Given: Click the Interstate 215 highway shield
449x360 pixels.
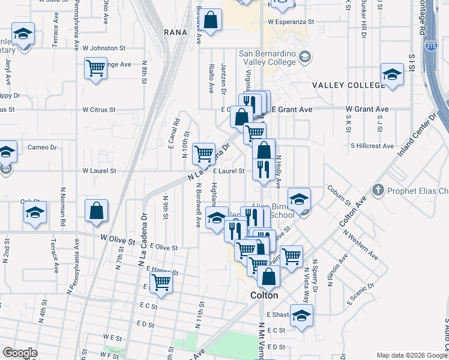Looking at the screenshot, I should click(x=432, y=45).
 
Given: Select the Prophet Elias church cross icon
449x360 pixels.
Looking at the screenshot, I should click(x=378, y=191).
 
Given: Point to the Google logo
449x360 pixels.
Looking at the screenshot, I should click(x=20, y=353).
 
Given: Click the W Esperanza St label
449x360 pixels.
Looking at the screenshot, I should click(x=292, y=22).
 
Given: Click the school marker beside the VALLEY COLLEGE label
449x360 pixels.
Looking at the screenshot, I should click(x=391, y=75).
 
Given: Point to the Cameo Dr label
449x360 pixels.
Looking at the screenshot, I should click(x=42, y=147).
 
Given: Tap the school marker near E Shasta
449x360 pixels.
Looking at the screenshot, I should click(x=301, y=316).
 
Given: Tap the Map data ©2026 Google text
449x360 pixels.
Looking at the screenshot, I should click(x=412, y=355).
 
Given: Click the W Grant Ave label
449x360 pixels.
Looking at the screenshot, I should click(x=367, y=110).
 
